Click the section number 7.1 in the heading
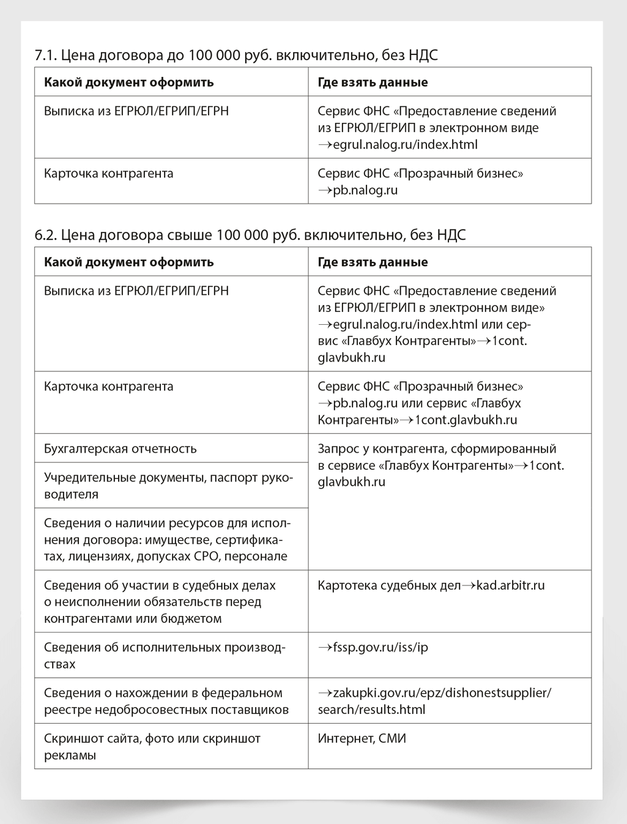(x=46, y=55)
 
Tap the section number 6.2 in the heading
(x=46, y=235)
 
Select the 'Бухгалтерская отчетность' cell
(x=121, y=448)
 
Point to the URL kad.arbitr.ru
(x=510, y=585)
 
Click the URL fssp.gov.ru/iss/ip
(x=380, y=647)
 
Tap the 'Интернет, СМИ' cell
(x=362, y=738)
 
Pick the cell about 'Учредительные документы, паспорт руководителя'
(x=168, y=486)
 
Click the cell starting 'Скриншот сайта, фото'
(x=152, y=746)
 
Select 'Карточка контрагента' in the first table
(x=109, y=174)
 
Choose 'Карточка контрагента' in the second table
(x=109, y=387)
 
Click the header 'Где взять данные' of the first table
(x=373, y=83)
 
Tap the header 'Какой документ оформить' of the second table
(x=129, y=262)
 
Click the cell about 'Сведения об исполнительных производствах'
(x=165, y=655)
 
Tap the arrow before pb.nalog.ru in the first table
(x=325, y=191)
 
